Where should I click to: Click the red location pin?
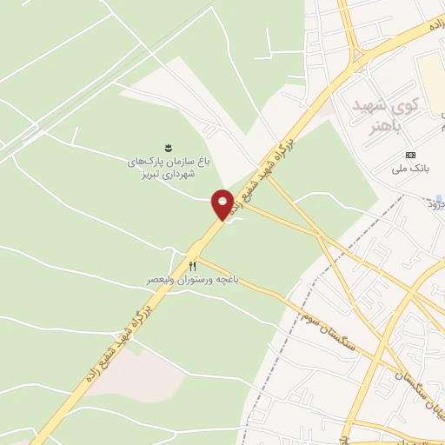(222, 203)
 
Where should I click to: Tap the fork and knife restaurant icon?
(193, 265)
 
